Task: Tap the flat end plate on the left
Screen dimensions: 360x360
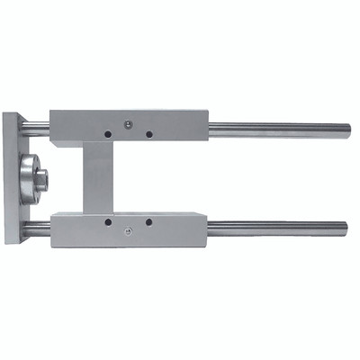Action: [x=13, y=180]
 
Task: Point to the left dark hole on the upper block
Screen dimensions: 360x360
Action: [x=107, y=134]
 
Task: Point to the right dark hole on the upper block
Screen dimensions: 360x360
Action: [x=148, y=134]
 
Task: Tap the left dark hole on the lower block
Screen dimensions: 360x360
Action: [x=107, y=220]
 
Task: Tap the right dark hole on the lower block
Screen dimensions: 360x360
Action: [x=148, y=220]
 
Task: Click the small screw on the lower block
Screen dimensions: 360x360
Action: [x=130, y=232]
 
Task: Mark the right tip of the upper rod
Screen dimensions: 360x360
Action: [x=346, y=126]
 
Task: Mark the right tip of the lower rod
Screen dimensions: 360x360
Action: [x=346, y=225]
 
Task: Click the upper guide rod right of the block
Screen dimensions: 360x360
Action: [x=279, y=126]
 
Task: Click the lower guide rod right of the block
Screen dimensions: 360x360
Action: [x=279, y=225]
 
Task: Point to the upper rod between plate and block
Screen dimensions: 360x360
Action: [x=40, y=125]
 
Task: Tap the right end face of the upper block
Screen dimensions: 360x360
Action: [x=207, y=128]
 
